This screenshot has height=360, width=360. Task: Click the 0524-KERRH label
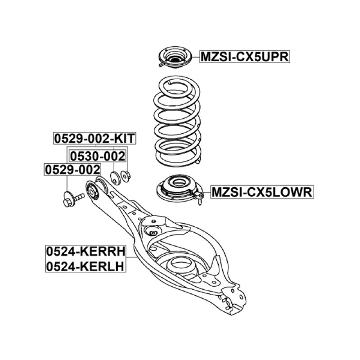click(x=85, y=251)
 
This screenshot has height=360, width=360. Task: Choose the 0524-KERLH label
click(x=85, y=267)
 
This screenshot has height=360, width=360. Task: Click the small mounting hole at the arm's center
click(x=153, y=232)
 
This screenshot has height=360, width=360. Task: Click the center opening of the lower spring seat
click(x=177, y=184)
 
